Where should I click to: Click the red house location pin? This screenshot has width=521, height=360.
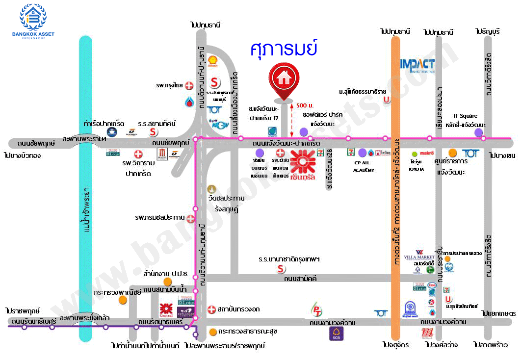(283, 80)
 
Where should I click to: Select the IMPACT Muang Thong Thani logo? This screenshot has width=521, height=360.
(417, 66)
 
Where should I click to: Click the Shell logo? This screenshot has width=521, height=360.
(213, 61)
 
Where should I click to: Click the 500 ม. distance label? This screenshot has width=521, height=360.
(305, 105)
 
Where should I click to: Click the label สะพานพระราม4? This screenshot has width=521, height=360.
(85, 139)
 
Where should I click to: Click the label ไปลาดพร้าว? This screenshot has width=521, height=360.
(491, 345)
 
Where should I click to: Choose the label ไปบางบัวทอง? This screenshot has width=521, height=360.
(22, 155)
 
